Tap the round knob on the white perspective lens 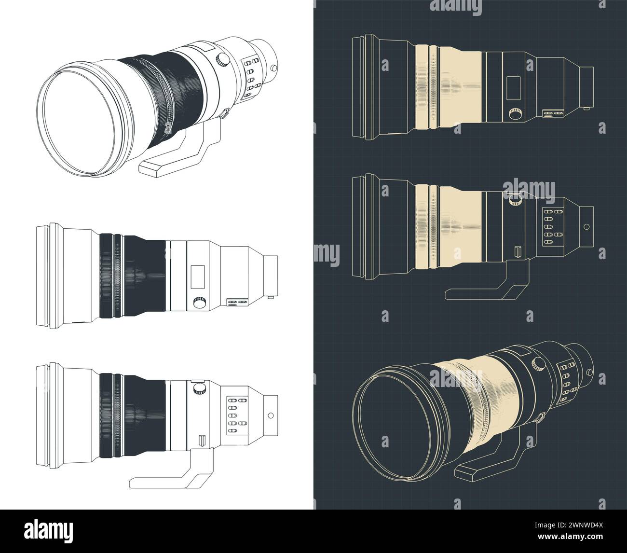coord(222,59)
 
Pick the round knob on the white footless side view coord(199,303)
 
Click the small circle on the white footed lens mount coord(271,415)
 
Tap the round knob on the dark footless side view coord(515,114)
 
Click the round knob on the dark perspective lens coord(536,363)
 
